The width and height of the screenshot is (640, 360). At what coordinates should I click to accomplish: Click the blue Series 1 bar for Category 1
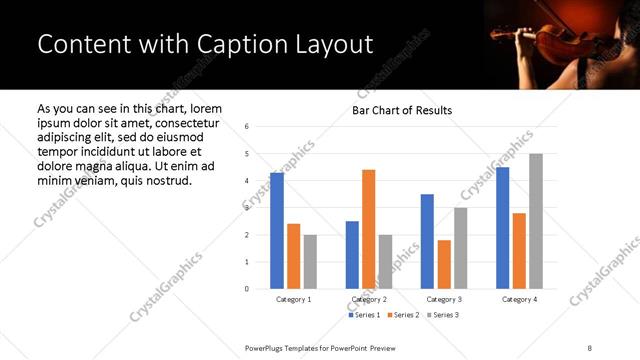click(277, 231)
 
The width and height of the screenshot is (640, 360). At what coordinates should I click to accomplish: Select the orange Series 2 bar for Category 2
click(368, 229)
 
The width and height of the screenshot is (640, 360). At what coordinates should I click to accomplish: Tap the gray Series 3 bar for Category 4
click(536, 221)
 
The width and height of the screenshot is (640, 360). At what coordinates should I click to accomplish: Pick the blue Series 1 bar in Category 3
click(427, 241)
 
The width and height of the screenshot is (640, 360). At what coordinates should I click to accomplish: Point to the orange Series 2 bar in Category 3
click(444, 264)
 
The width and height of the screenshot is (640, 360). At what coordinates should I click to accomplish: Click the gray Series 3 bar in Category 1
click(310, 261)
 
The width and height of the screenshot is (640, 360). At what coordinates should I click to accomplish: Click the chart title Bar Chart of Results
click(402, 110)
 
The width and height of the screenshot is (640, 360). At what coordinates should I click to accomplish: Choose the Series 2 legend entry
click(403, 315)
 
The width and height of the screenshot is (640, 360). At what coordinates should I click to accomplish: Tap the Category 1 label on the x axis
click(294, 299)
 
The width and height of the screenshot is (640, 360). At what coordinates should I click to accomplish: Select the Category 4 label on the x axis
click(518, 299)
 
